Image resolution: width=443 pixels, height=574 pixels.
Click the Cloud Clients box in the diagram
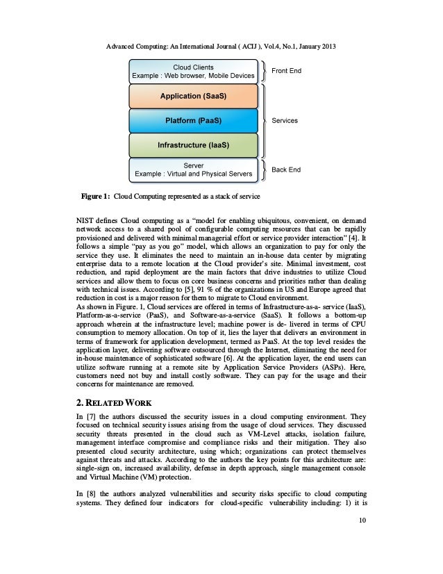[x=193, y=70]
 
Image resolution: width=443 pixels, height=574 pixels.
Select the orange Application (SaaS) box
[x=193, y=95]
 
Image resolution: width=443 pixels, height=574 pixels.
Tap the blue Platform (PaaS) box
[x=193, y=120]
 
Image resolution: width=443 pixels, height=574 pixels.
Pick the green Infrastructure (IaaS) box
[x=193, y=145]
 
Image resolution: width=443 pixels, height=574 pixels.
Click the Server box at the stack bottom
[x=193, y=169]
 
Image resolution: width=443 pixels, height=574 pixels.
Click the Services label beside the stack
[x=285, y=120]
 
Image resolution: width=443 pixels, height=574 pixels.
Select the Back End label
[x=285, y=170]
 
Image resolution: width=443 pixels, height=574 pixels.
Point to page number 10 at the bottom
[x=362, y=539]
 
